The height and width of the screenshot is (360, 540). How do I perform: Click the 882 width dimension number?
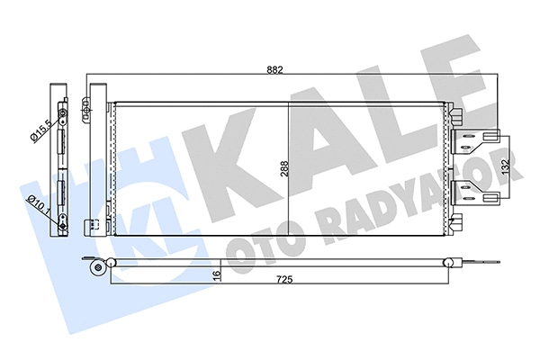287,69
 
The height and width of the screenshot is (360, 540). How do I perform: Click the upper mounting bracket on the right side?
475,137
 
